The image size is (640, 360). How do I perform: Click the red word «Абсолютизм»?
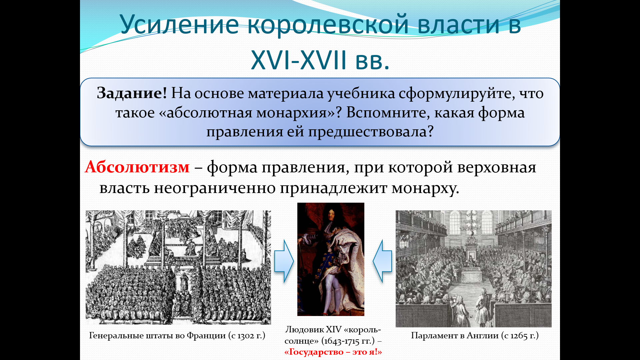tap(137, 167)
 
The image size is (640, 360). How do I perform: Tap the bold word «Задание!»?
tap(132, 93)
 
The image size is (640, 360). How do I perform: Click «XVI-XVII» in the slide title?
tap(299, 60)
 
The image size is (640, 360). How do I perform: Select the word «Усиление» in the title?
tap(179, 25)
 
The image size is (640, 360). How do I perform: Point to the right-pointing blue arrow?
tap(284, 261)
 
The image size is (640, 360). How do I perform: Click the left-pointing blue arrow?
tap(382, 261)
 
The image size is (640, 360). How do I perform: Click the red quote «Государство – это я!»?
tap(333, 352)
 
